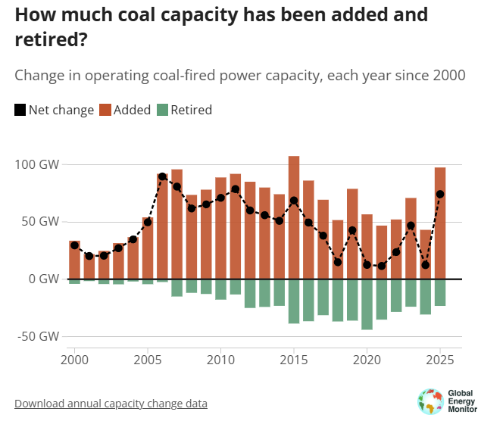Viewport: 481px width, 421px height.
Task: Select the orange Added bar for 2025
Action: pos(440,223)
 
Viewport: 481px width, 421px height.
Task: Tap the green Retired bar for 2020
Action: pos(367,304)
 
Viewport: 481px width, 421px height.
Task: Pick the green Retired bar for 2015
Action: pos(294,301)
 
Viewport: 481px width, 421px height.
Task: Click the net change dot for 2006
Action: pos(162,176)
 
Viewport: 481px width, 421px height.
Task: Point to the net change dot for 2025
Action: pos(440,194)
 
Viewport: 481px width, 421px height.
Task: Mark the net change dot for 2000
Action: pos(74,245)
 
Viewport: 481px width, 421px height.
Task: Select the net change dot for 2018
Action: pos(338,262)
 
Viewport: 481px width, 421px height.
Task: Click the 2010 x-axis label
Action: pos(220,358)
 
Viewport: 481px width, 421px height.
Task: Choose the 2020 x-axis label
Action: pos(367,358)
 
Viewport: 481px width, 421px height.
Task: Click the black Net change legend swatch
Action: pos(20,111)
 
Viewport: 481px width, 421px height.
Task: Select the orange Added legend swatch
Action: pos(119,111)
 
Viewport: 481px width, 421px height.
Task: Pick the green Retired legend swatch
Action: pos(162,111)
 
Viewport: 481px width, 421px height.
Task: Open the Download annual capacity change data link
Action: pos(111,404)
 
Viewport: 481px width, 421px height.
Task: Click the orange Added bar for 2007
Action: pos(176,224)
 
